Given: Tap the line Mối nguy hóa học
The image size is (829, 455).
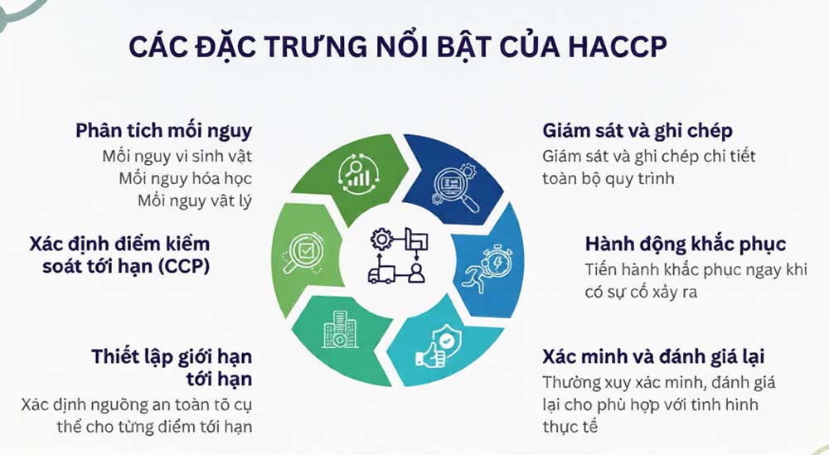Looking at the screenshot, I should pos(196,177).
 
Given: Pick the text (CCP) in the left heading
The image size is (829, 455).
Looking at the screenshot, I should pos(182,268).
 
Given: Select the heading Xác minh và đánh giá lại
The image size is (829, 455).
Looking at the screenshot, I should pos(653,357).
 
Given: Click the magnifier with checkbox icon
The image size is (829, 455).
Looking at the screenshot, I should pos(298,250).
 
